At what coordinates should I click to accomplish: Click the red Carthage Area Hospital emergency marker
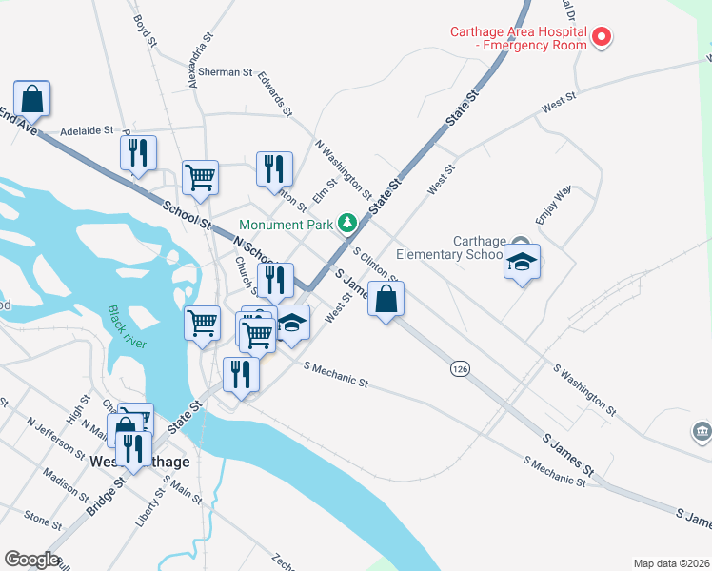[x=602, y=38]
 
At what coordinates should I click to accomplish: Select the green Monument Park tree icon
[x=348, y=224]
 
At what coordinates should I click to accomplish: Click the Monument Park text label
[x=286, y=226]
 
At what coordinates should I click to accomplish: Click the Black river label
[x=127, y=326]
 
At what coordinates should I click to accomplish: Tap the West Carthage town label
[x=139, y=462]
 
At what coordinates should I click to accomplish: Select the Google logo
[x=31, y=560]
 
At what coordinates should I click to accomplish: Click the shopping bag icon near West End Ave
[x=31, y=99]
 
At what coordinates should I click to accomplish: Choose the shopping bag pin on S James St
[x=385, y=300]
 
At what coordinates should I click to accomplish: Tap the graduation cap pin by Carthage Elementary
[x=522, y=262]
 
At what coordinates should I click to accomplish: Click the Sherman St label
[x=228, y=72]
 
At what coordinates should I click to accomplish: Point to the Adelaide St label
[x=87, y=130]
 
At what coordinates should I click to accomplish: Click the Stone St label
[x=43, y=520]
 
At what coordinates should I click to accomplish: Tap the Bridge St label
[x=106, y=497]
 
